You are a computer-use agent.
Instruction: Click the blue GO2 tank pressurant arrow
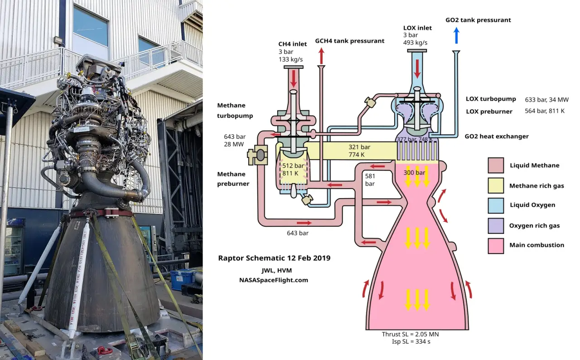pos(456,35)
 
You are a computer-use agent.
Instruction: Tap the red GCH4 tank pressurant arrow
pos(322,56)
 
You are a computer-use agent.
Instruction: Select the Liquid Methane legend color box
pos(496,165)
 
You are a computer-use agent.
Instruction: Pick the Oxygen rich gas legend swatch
pos(496,225)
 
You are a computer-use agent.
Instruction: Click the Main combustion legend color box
pos(496,245)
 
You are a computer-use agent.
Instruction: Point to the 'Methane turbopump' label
pos(235,111)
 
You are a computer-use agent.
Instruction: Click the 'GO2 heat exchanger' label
pos(497,136)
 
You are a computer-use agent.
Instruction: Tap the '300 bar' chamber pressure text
pos(414,173)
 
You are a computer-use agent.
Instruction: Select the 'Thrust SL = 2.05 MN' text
pos(410,335)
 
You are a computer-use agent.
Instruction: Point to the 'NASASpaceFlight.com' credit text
pos(274,280)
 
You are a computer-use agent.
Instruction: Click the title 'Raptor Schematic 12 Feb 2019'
pos(274,258)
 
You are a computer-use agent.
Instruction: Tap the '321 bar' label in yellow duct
pos(359,147)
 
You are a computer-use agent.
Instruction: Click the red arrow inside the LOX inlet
pos(417,68)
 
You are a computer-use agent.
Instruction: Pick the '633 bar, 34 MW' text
pos(546,100)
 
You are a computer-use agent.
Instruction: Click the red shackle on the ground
pos(105,350)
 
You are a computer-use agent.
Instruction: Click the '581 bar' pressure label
pos(370,180)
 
